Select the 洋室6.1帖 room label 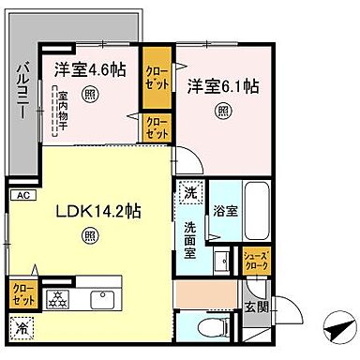222,86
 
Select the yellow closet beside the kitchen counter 19,293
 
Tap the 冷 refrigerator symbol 20,327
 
